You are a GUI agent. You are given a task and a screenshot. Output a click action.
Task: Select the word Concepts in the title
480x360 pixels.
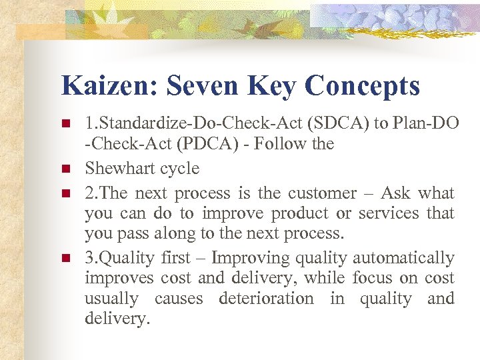363,86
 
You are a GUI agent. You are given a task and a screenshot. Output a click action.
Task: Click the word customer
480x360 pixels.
322,193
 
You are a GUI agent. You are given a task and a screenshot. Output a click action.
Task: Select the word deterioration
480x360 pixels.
266,299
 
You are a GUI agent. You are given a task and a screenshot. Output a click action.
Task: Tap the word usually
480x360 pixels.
111,299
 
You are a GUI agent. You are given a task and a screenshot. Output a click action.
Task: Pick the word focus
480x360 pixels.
372,278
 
